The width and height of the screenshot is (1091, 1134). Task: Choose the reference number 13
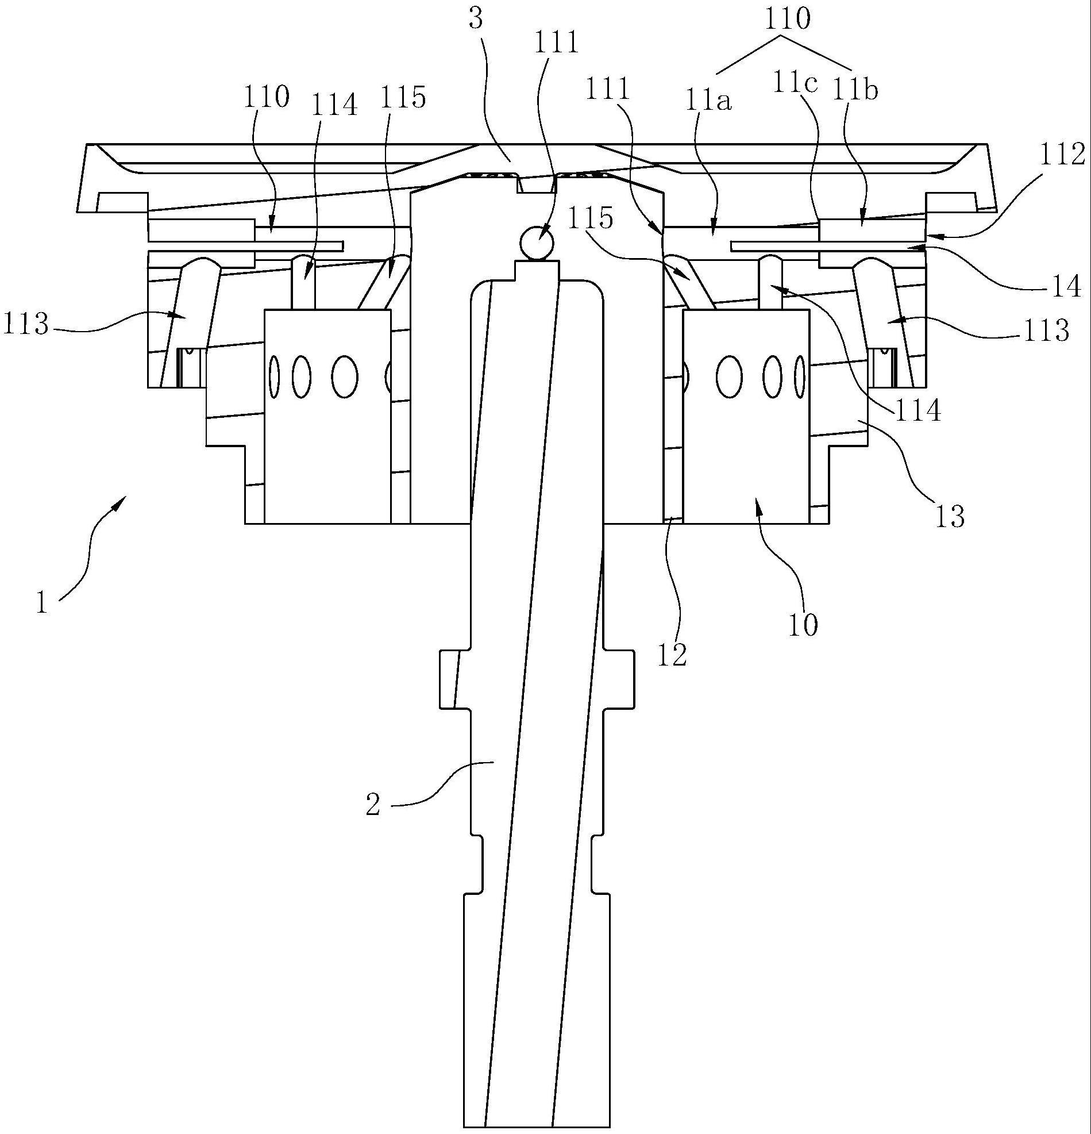[949, 517]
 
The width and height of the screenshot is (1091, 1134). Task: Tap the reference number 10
[803, 625]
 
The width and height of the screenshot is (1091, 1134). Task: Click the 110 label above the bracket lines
[787, 20]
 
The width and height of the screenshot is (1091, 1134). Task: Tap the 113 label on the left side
[25, 325]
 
